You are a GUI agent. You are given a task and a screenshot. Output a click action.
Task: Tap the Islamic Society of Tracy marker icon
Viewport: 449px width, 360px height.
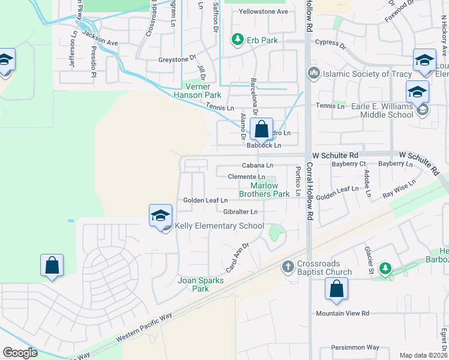pos(313,74)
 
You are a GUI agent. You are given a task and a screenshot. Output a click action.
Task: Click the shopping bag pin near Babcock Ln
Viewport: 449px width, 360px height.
pos(262,129)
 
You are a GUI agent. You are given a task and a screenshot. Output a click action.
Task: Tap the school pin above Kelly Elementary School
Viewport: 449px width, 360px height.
pos(161,216)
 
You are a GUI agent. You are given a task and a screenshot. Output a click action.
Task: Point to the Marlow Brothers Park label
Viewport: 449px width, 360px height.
pos(264,190)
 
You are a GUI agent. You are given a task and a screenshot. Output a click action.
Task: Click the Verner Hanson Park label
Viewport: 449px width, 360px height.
pos(197,91)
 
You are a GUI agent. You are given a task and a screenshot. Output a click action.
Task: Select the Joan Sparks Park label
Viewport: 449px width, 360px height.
pos(200,284)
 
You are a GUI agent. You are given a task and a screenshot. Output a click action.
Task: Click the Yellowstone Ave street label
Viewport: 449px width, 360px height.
pos(264,11)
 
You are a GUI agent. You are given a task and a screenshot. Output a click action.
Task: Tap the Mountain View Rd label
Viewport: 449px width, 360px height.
pos(343,313)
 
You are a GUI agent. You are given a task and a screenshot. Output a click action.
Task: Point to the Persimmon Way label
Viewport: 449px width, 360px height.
pos(357,347)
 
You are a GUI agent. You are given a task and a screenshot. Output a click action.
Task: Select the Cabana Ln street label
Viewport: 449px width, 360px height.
pos(258,165)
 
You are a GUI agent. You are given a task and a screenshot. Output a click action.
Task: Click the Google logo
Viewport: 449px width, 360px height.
pos(20,353)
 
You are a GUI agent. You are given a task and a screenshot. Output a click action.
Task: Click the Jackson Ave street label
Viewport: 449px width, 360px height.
pos(100,38)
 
